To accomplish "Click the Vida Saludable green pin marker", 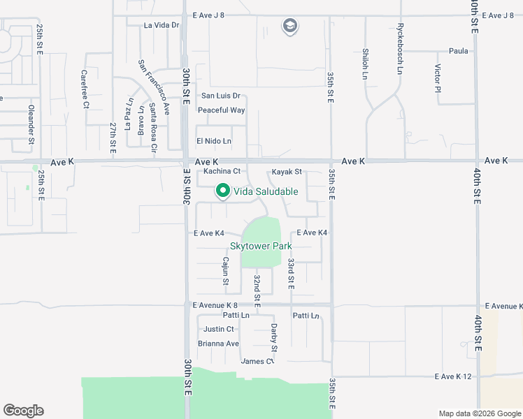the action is pos(223,191).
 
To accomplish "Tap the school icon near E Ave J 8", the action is pos(289,27).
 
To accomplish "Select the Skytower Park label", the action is pos(260,246).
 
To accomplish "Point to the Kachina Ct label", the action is pos(217,171).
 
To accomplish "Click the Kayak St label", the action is pos(287,171).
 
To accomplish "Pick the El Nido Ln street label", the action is pos(213,141).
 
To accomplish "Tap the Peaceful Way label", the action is pos(221,110).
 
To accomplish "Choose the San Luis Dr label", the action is pos(220,96).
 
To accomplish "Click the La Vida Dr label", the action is pos(162,25).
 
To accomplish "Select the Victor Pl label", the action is pos(438,78).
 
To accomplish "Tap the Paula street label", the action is pos(459,51).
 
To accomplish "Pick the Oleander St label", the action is pos(31,124).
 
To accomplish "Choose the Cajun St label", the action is pos(225,272).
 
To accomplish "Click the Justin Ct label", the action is pos(219,329).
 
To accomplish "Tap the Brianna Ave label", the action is pos(218,344).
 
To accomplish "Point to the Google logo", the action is pos(23,411).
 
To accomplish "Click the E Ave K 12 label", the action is pos(454,376).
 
